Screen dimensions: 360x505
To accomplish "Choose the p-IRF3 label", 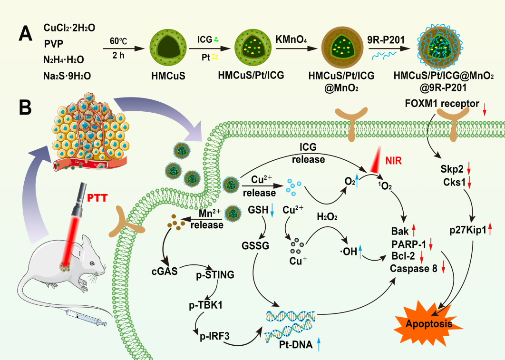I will tap(214, 336).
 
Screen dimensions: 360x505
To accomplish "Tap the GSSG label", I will tap(259, 246).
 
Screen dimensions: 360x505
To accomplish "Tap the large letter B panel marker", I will tap(25, 108).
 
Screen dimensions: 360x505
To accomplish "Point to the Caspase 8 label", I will tap(413, 269).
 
